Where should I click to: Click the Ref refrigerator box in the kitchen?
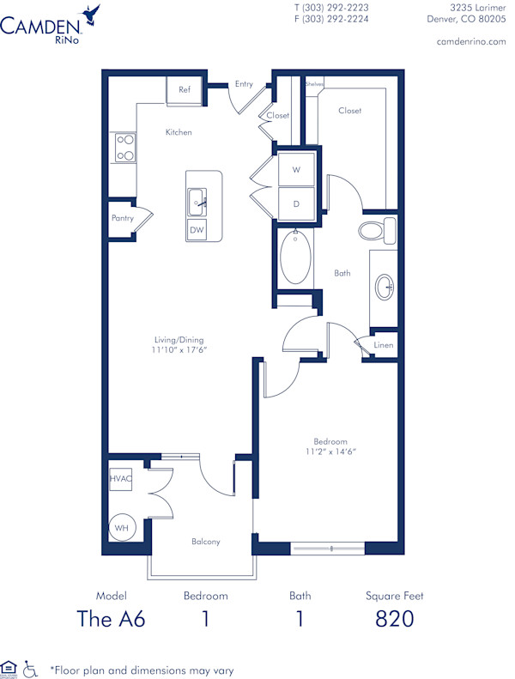coord(185,90)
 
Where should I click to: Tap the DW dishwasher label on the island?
coord(197,230)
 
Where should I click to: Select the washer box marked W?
coord(296,170)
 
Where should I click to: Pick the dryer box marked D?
coord(296,204)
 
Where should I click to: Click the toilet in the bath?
coord(375,230)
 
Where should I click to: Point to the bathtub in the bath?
coord(295,258)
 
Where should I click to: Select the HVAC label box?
coord(120,480)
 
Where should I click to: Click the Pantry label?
coord(123,219)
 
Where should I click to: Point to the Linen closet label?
coord(384,345)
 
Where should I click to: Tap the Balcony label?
coord(206,542)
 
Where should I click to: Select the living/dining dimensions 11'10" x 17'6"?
coord(180,350)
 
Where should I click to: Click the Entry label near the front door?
coord(244,83)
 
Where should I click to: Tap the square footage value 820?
coord(395,619)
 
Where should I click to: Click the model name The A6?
coord(112,619)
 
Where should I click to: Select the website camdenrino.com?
coord(471,41)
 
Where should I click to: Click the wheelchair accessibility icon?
coord(30,667)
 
